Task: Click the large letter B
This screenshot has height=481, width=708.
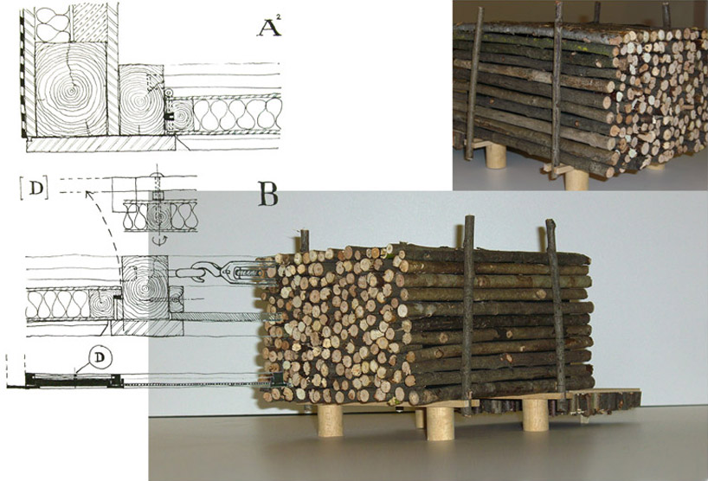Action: [267, 195]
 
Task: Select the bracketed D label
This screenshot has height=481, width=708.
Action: [34, 188]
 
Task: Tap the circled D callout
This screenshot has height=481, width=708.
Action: [100, 357]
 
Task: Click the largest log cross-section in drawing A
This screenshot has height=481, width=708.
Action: [70, 89]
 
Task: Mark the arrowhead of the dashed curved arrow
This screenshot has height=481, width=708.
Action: [89, 195]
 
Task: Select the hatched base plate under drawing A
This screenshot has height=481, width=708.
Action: [100, 144]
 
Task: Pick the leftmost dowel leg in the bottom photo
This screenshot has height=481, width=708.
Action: [330, 420]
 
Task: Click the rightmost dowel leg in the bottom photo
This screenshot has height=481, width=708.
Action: [536, 415]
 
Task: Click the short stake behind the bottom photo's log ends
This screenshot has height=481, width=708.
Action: [305, 240]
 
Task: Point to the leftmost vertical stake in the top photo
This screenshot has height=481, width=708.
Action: [473, 83]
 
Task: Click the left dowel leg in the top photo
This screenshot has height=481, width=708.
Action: [496, 156]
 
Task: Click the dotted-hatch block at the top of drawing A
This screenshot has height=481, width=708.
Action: [89, 23]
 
